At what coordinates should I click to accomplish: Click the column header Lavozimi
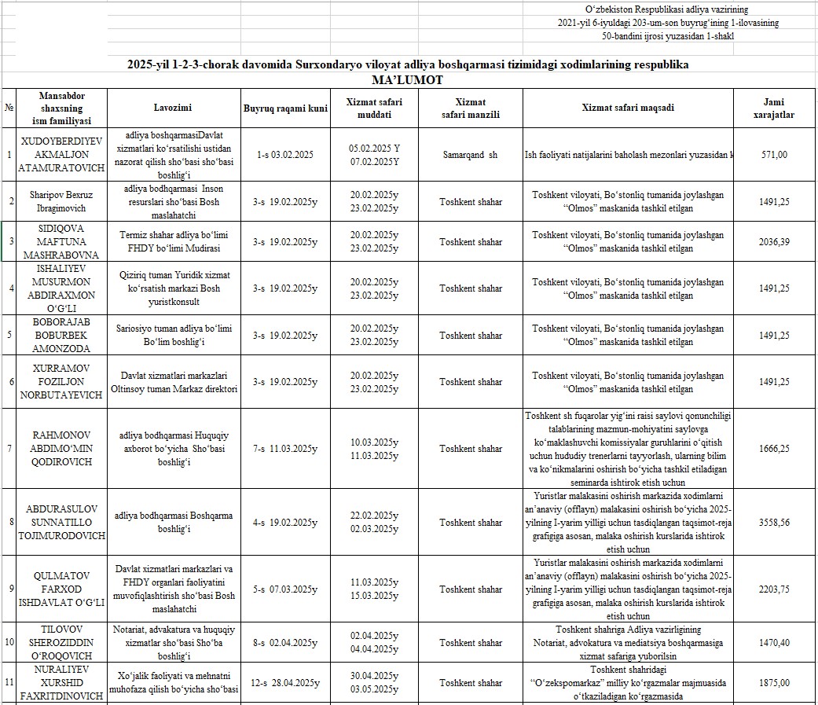(173, 108)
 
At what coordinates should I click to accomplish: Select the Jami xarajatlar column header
(773, 108)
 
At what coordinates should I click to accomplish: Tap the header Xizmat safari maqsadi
(628, 108)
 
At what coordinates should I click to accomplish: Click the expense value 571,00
(775, 155)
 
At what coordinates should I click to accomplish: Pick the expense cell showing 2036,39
(775, 242)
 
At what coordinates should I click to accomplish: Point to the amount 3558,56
(775, 522)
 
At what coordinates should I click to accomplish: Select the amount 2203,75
(775, 589)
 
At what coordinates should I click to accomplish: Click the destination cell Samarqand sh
(470, 155)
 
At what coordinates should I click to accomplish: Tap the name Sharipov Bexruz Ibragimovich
(54, 201)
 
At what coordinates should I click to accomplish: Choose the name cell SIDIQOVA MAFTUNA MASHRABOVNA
(54, 241)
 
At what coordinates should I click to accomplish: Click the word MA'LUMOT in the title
(408, 80)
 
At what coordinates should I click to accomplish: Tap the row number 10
(9, 642)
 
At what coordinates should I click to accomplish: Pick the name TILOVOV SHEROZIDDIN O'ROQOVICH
(54, 642)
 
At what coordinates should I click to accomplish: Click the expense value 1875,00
(775, 682)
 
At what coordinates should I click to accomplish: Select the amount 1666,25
(775, 449)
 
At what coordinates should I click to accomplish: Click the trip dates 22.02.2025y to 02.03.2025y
(374, 522)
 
